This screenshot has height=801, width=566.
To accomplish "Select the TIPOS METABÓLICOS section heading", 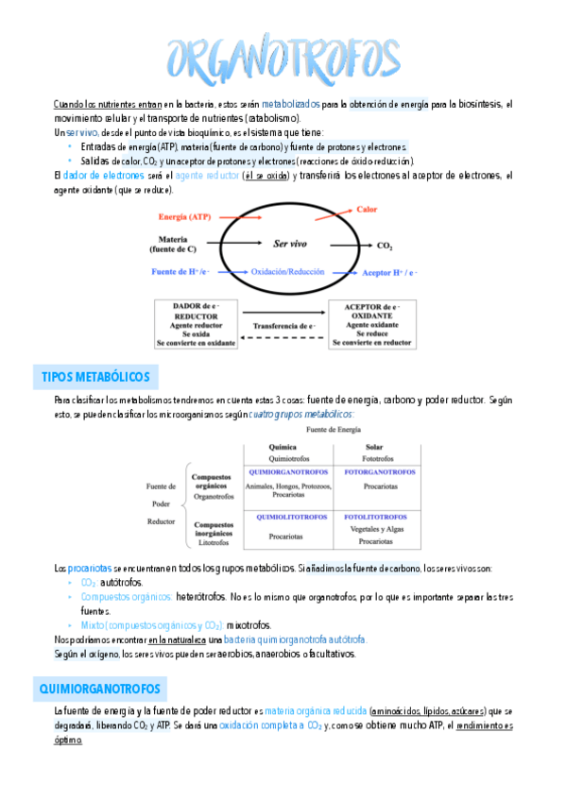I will click(95, 377).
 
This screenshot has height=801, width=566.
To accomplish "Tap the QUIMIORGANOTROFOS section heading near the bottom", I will click(102, 688).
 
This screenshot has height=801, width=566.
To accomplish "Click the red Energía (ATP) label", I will click(185, 217).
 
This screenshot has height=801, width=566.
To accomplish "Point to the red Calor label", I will click(367, 209).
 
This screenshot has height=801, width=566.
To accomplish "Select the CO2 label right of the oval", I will click(385, 247).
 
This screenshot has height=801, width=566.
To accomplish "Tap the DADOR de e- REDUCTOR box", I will click(195, 324).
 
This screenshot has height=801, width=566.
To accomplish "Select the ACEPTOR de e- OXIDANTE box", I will click(370, 324).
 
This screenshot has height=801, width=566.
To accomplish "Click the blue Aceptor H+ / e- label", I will click(390, 272).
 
